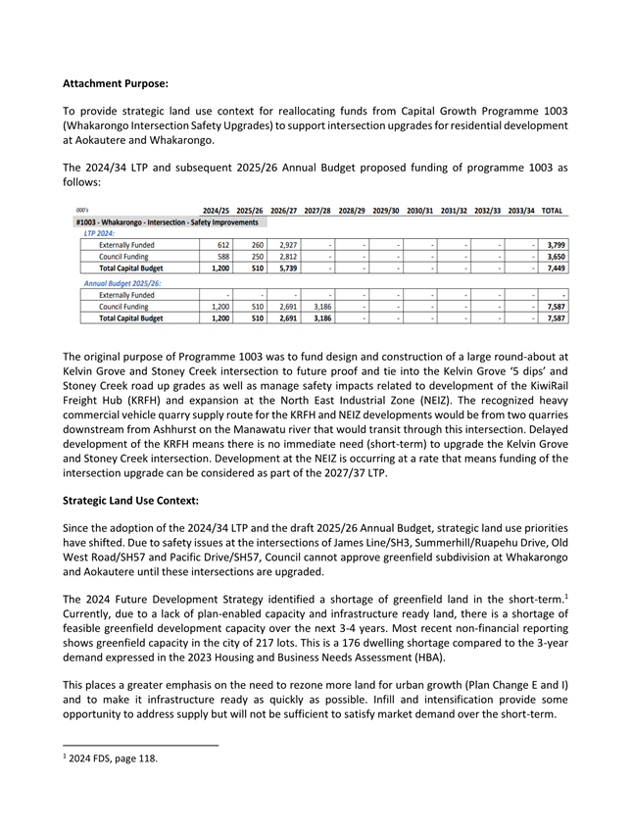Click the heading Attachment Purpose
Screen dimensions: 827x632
[x=116, y=82]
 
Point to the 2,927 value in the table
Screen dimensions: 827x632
[x=284, y=245]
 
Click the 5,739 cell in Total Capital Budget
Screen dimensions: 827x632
[x=284, y=268]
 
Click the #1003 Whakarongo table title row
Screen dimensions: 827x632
[x=166, y=222]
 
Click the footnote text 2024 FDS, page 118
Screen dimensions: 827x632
[x=111, y=757]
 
